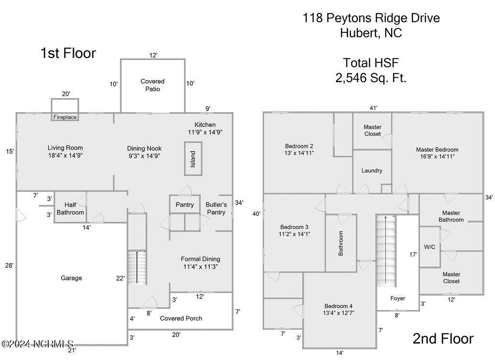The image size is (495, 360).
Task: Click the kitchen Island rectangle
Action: tap(192, 158)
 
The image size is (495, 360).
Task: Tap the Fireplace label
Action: tap(65, 117)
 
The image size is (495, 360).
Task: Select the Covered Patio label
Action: tap(153, 85)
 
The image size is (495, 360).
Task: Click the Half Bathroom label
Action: tap(70, 209)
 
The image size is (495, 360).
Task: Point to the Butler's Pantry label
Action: tap(216, 208)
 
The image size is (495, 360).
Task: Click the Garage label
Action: tap(71, 278)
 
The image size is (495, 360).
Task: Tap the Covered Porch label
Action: tap(181, 318)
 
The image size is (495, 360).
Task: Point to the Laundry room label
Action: tap(372, 171)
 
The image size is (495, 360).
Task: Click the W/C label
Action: tap(429, 247)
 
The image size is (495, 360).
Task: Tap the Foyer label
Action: tap(398, 298)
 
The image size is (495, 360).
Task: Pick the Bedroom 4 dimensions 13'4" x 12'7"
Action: tap(338, 313)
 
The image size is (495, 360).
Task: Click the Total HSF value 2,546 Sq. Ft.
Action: tap(371, 78)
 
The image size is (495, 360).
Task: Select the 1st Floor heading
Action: tap(68, 53)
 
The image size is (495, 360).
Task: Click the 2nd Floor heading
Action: tap(443, 339)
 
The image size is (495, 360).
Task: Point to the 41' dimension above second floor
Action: tap(373, 108)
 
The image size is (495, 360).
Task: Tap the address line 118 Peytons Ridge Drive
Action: tap(371, 18)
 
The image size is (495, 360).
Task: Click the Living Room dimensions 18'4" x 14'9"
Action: tap(65, 156)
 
